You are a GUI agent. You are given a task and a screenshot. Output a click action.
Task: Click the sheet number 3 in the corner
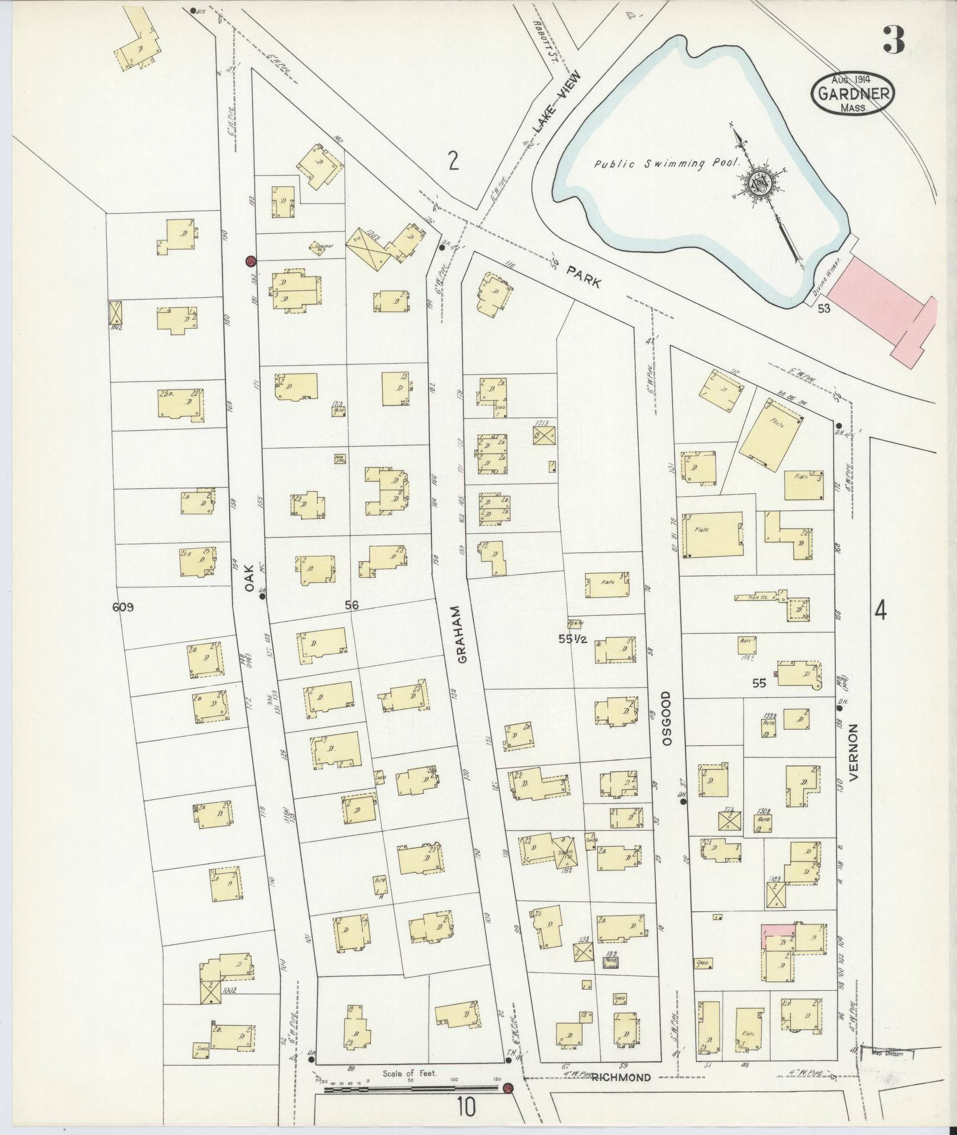(x=892, y=40)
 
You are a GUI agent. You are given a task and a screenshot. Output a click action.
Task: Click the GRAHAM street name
(x=462, y=634)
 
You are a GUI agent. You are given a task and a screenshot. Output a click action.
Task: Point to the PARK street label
(x=584, y=276)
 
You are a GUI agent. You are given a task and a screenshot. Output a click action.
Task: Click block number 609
(x=123, y=607)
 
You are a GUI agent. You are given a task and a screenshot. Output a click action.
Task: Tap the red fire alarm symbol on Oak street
(x=250, y=261)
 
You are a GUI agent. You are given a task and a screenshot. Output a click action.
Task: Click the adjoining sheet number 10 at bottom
(x=466, y=1107)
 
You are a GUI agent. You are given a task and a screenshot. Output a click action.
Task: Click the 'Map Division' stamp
(x=886, y=1054)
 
